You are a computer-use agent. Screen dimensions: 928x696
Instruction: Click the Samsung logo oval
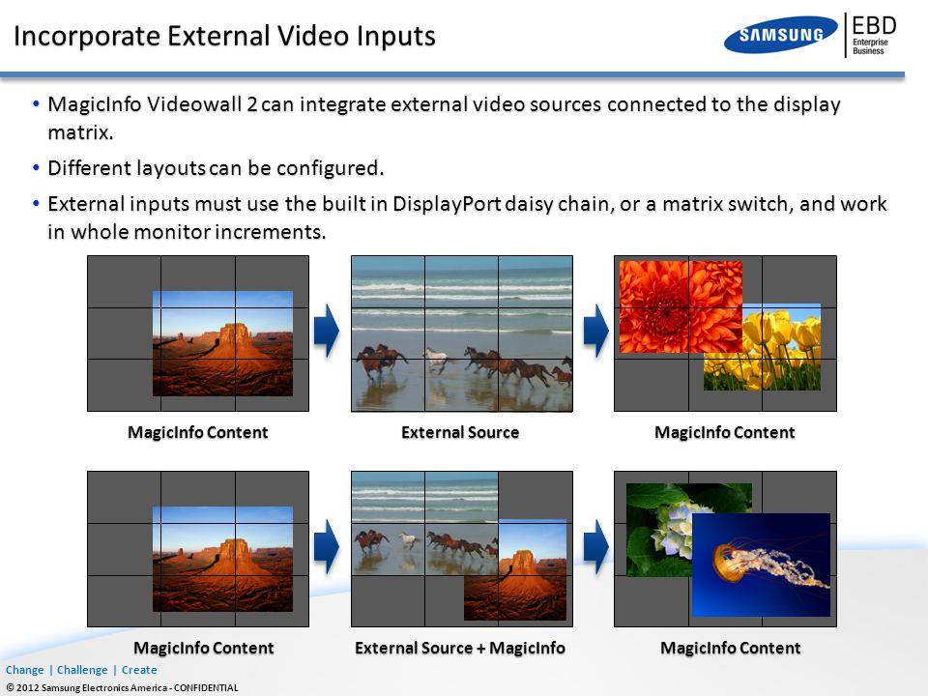pos(781,35)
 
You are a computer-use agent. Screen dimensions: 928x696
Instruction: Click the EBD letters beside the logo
pos(874,26)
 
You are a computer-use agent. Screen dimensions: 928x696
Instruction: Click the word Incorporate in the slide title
pos(87,36)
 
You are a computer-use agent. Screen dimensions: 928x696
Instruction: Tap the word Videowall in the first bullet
pos(194,104)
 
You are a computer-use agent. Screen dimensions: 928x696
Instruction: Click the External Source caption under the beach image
pos(460,433)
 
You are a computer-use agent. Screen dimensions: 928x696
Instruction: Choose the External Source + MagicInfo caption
pos(460,648)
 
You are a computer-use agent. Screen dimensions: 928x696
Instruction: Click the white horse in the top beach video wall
pos(436,360)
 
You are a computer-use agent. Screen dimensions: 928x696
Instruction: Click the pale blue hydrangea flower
pos(672,531)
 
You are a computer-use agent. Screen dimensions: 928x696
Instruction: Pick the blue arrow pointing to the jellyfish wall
pos(596,547)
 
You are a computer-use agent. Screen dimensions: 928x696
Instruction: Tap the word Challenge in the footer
pos(82,670)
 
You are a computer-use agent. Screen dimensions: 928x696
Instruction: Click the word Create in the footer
pos(139,670)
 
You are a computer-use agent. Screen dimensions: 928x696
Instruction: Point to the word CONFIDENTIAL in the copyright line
pos(206,687)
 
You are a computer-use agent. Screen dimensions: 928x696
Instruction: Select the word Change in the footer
pos(25,670)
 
